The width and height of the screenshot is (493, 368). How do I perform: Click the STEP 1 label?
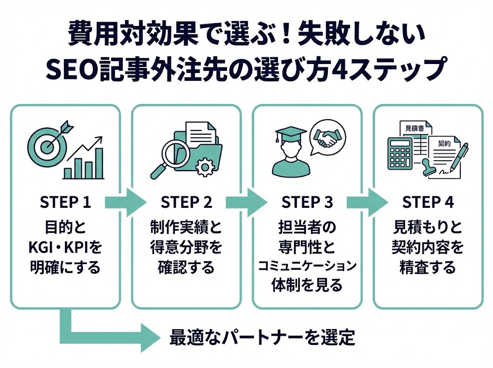click(x=65, y=203)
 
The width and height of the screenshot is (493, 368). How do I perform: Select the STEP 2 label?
click(x=186, y=203)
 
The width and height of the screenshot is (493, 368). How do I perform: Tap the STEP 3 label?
click(x=307, y=203)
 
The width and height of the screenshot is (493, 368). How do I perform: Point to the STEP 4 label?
click(x=428, y=203)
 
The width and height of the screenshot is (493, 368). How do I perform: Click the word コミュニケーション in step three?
click(x=307, y=266)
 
